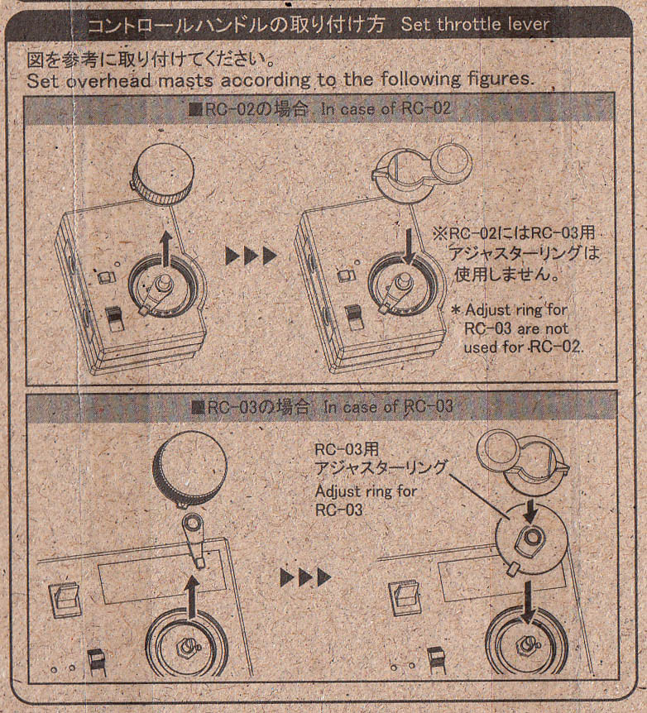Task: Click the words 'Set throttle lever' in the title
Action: (475, 24)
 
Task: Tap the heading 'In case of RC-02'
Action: (386, 108)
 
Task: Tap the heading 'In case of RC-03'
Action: (388, 406)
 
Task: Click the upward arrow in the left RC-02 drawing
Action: (166, 249)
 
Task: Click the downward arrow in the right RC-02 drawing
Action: (410, 246)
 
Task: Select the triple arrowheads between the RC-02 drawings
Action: (252, 256)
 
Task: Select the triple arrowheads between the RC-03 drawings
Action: (306, 577)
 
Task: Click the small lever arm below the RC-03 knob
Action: (194, 538)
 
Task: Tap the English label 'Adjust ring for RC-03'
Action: (366, 500)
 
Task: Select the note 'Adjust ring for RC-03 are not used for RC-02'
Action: (516, 328)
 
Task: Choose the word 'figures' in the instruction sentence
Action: (502, 79)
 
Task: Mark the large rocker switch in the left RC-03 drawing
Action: (65, 601)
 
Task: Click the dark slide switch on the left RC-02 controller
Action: (114, 319)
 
